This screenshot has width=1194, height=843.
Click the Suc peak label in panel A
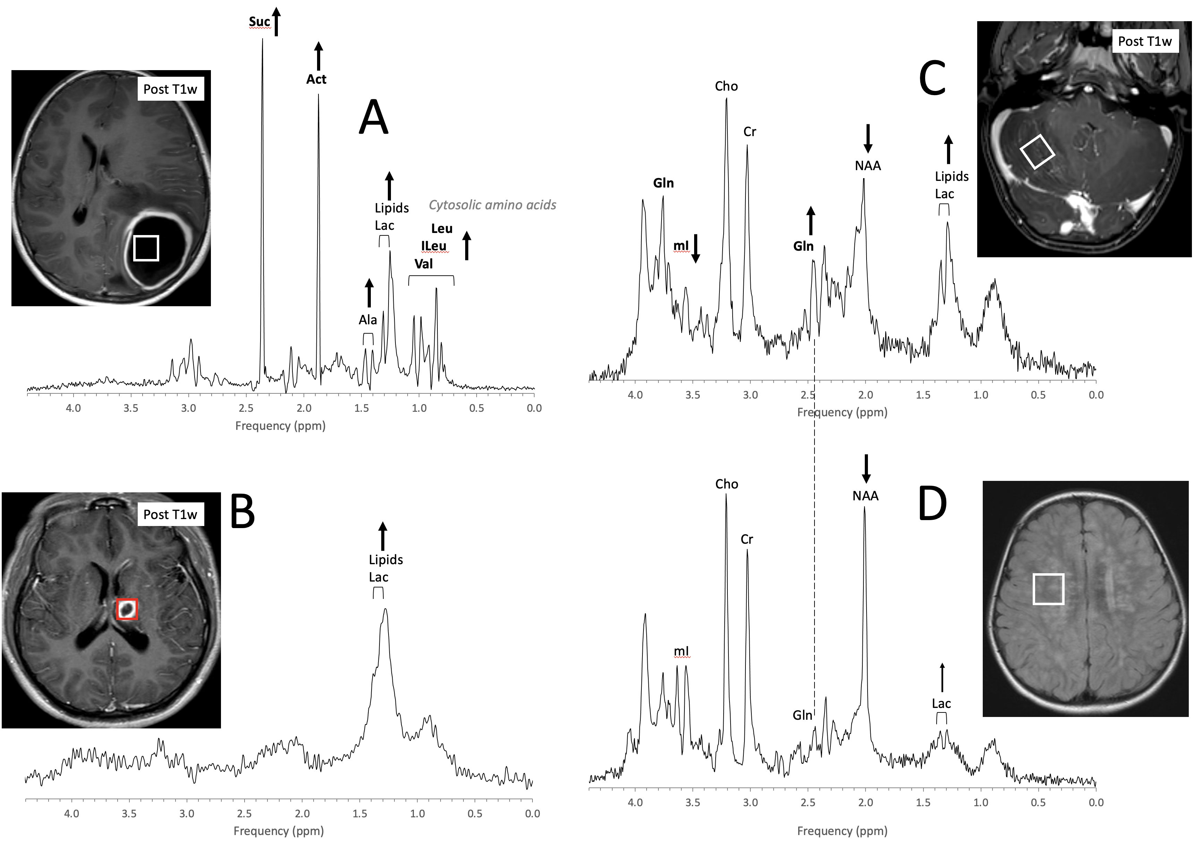click(259, 22)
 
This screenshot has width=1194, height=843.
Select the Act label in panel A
click(316, 79)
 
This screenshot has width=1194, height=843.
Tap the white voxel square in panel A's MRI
click(146, 248)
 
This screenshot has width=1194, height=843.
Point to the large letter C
click(932, 78)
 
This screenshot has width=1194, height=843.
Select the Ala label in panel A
click(368, 319)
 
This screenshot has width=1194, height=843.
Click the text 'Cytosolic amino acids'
click(492, 205)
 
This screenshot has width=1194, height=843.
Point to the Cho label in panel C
click(726, 86)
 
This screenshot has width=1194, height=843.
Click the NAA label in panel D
click(865, 496)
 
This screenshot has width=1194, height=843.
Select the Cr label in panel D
click(747, 539)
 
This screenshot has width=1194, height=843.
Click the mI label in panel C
click(681, 245)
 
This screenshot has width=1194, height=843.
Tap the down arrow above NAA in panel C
click(868, 138)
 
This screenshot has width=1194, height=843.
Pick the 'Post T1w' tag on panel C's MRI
click(1145, 42)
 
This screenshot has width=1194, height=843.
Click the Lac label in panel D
click(941, 703)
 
